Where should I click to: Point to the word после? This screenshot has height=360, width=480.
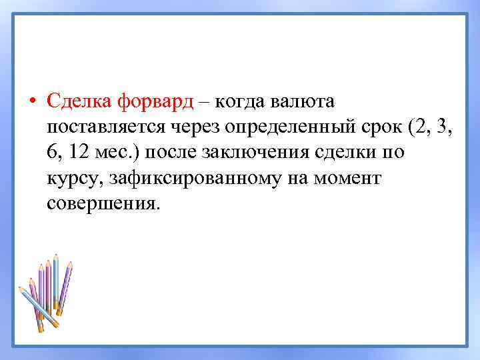tap(173, 153)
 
